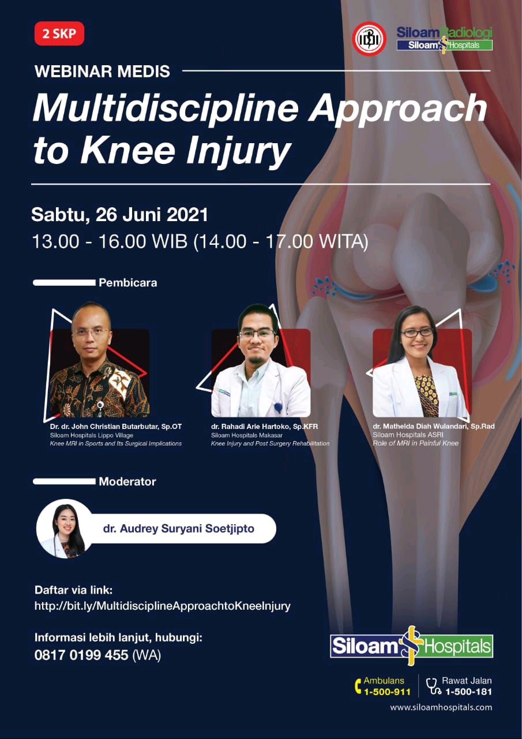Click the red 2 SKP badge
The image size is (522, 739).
59,33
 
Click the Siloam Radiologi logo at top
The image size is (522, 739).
445,38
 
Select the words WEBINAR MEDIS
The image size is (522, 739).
102,72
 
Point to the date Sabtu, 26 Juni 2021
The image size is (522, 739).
119,215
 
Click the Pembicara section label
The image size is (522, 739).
128,283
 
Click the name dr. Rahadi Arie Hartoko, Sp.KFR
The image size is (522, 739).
265,427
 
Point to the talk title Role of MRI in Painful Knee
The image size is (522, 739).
415,443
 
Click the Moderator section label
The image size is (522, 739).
127,482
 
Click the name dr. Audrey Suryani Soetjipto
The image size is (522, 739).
179,528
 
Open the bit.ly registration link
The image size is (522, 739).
163,606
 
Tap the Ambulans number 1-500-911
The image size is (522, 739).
387,692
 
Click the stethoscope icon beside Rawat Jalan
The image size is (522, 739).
433,686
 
